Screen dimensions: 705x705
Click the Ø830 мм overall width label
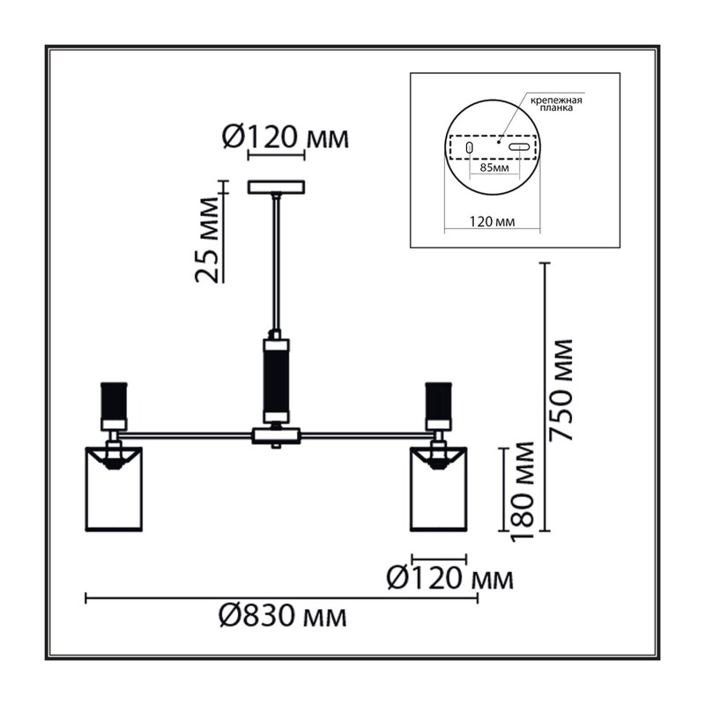point(283,616)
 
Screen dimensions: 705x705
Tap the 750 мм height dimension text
point(562,390)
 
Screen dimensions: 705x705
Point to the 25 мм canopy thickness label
point(208,239)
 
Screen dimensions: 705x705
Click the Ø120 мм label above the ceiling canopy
point(286,137)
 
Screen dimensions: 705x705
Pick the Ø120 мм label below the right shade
point(449,578)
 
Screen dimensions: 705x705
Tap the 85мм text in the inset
point(494,168)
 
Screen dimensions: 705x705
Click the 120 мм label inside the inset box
point(493,221)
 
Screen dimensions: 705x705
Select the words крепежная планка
point(556,104)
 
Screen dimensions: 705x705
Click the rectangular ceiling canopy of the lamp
point(277,187)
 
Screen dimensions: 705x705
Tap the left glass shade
point(114,489)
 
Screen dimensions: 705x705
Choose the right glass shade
point(438,489)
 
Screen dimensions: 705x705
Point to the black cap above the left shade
point(114,400)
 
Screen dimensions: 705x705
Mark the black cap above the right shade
point(438,400)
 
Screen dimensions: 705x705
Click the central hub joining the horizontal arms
point(276,435)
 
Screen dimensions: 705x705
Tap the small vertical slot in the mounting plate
point(469,147)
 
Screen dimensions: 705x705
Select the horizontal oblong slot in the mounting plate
point(519,146)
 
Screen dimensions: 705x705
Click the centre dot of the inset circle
point(498,142)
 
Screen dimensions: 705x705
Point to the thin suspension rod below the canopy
point(277,265)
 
